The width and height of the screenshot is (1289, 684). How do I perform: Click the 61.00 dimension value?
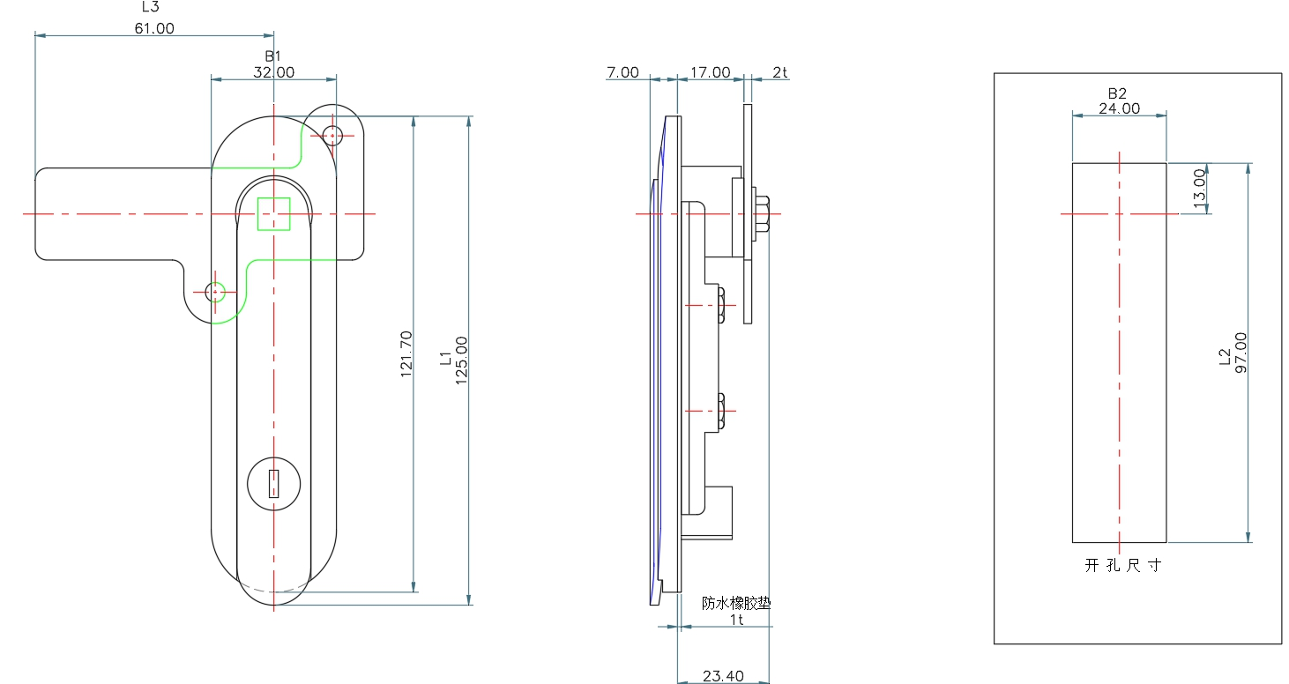pyautogui.click(x=154, y=28)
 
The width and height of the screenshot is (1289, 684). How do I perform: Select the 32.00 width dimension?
pyautogui.click(x=274, y=72)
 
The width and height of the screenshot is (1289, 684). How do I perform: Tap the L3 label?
pyautogui.click(x=150, y=7)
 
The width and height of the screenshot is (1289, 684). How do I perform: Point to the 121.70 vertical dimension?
pyautogui.click(x=406, y=353)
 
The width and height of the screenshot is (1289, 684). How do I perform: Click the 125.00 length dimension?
pyautogui.click(x=461, y=361)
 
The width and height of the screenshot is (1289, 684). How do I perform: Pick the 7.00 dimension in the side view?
pyautogui.click(x=622, y=72)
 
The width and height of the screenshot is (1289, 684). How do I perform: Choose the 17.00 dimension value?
pyautogui.click(x=710, y=72)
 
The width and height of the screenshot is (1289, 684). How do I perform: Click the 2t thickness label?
pyautogui.click(x=779, y=72)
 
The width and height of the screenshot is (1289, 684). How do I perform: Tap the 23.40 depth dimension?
pyautogui.click(x=723, y=676)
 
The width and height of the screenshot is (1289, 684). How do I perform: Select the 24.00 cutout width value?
pyautogui.click(x=1119, y=108)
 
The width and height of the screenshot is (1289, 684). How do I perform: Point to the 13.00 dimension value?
pyautogui.click(x=1199, y=188)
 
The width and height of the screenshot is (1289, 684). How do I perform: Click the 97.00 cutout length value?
pyautogui.click(x=1241, y=353)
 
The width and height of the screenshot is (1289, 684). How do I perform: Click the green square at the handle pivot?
pyautogui.click(x=274, y=214)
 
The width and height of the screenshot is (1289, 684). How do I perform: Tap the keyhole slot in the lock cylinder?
pyautogui.click(x=274, y=484)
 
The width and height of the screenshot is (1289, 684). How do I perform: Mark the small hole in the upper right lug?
pyautogui.click(x=332, y=136)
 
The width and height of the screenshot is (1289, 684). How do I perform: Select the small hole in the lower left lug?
pyautogui.click(x=215, y=293)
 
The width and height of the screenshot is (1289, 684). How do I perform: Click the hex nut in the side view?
pyautogui.click(x=761, y=214)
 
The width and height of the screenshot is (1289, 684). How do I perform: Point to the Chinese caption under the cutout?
pyautogui.click(x=1122, y=566)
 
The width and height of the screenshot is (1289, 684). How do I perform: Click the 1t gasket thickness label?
pyautogui.click(x=736, y=620)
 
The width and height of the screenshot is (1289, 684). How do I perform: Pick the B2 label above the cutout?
pyautogui.click(x=1117, y=93)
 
